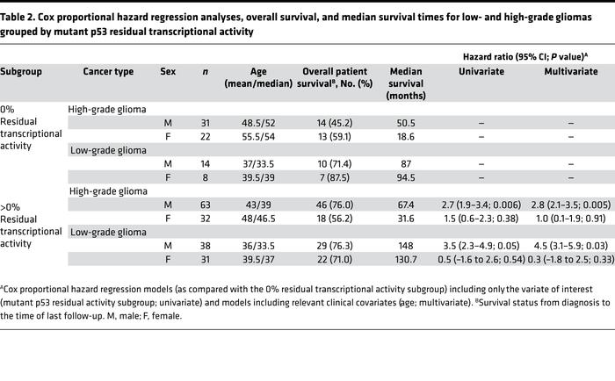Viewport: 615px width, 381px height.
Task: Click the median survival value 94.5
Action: pos(406,181)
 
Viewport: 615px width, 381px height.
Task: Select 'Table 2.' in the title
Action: pos(23,11)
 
